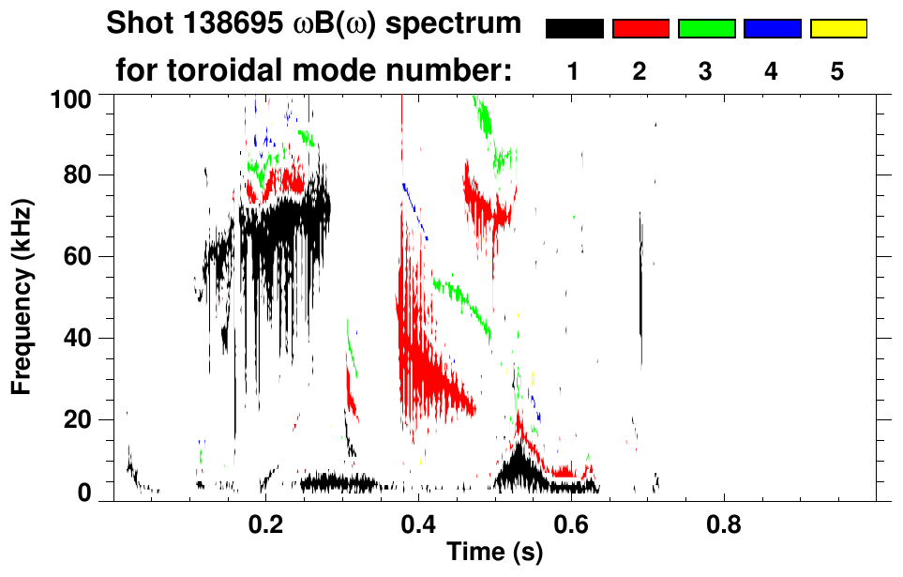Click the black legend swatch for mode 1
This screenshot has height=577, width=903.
[x=575, y=29]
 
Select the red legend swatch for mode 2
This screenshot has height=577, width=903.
[x=640, y=29]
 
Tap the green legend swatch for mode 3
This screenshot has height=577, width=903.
[x=706, y=29]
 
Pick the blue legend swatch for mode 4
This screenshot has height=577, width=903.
[x=772, y=29]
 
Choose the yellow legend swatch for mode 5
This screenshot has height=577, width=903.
[x=837, y=29]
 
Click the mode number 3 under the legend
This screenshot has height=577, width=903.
[x=705, y=72]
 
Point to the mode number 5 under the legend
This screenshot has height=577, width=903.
[x=836, y=72]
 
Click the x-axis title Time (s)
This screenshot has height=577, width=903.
[x=494, y=554]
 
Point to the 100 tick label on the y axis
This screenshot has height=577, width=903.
[x=72, y=97]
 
